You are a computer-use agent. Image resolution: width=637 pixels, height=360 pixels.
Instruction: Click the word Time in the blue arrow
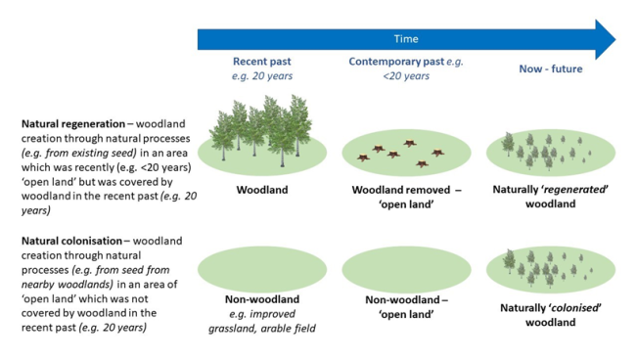point(406,39)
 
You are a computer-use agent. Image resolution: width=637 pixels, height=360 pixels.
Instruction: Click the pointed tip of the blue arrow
point(615,39)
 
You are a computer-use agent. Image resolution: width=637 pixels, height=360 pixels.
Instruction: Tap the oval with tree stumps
point(401,154)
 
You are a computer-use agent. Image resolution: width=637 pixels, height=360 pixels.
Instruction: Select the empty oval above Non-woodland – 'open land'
point(401,270)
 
